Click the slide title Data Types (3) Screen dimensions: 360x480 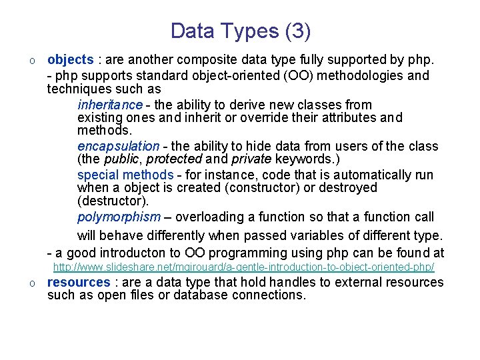point(240,31)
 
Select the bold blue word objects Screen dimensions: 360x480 point(70,60)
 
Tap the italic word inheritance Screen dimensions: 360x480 point(109,105)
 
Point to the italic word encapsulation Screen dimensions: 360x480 point(118,146)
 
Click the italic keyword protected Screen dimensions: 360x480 point(174,159)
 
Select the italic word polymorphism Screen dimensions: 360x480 point(119,217)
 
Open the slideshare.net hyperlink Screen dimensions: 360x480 point(243,267)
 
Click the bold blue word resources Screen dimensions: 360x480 point(78,282)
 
